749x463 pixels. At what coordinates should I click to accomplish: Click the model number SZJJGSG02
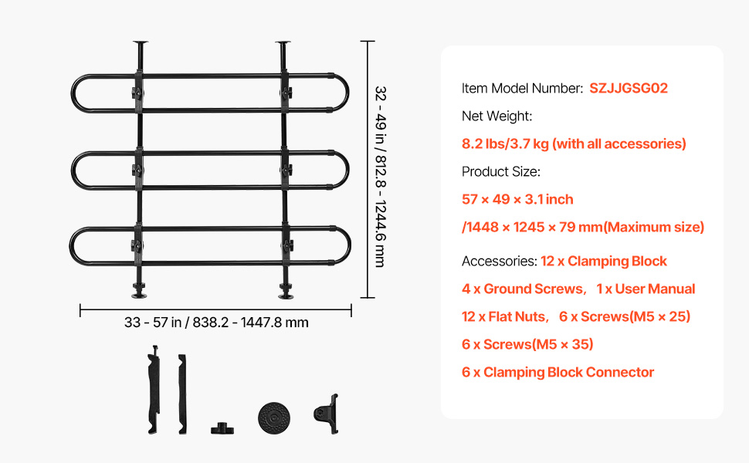tap(628, 88)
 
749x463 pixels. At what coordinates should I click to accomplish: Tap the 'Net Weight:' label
tap(497, 116)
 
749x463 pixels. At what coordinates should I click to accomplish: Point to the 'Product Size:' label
tap(500, 171)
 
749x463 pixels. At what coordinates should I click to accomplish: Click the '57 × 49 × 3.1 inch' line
tap(517, 199)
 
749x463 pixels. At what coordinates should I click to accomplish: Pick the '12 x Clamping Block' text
tap(604, 261)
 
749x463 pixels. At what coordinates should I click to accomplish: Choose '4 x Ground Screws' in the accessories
tap(523, 289)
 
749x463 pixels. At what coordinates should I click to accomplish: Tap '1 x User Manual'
tap(646, 289)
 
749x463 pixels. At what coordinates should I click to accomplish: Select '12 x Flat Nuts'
tap(504, 316)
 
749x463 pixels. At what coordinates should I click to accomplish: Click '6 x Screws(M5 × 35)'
tap(527, 344)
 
